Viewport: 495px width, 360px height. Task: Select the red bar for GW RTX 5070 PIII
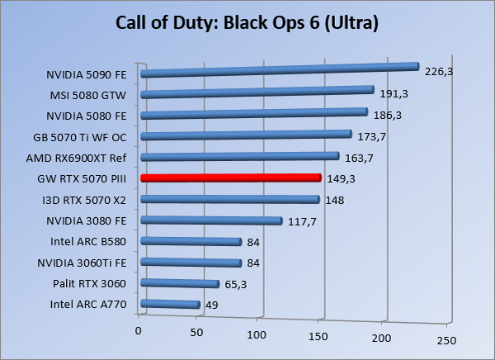(231, 178)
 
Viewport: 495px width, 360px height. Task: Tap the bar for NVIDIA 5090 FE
(280, 70)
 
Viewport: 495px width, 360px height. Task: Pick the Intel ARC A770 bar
(171, 305)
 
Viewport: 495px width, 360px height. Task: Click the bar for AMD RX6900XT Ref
(240, 156)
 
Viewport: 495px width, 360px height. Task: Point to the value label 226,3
(439, 72)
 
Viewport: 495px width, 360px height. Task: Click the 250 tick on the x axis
(445, 340)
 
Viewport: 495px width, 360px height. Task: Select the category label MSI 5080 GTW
(93, 94)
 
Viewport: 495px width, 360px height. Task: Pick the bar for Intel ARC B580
(191, 241)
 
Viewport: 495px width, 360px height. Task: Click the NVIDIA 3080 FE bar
(211, 220)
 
